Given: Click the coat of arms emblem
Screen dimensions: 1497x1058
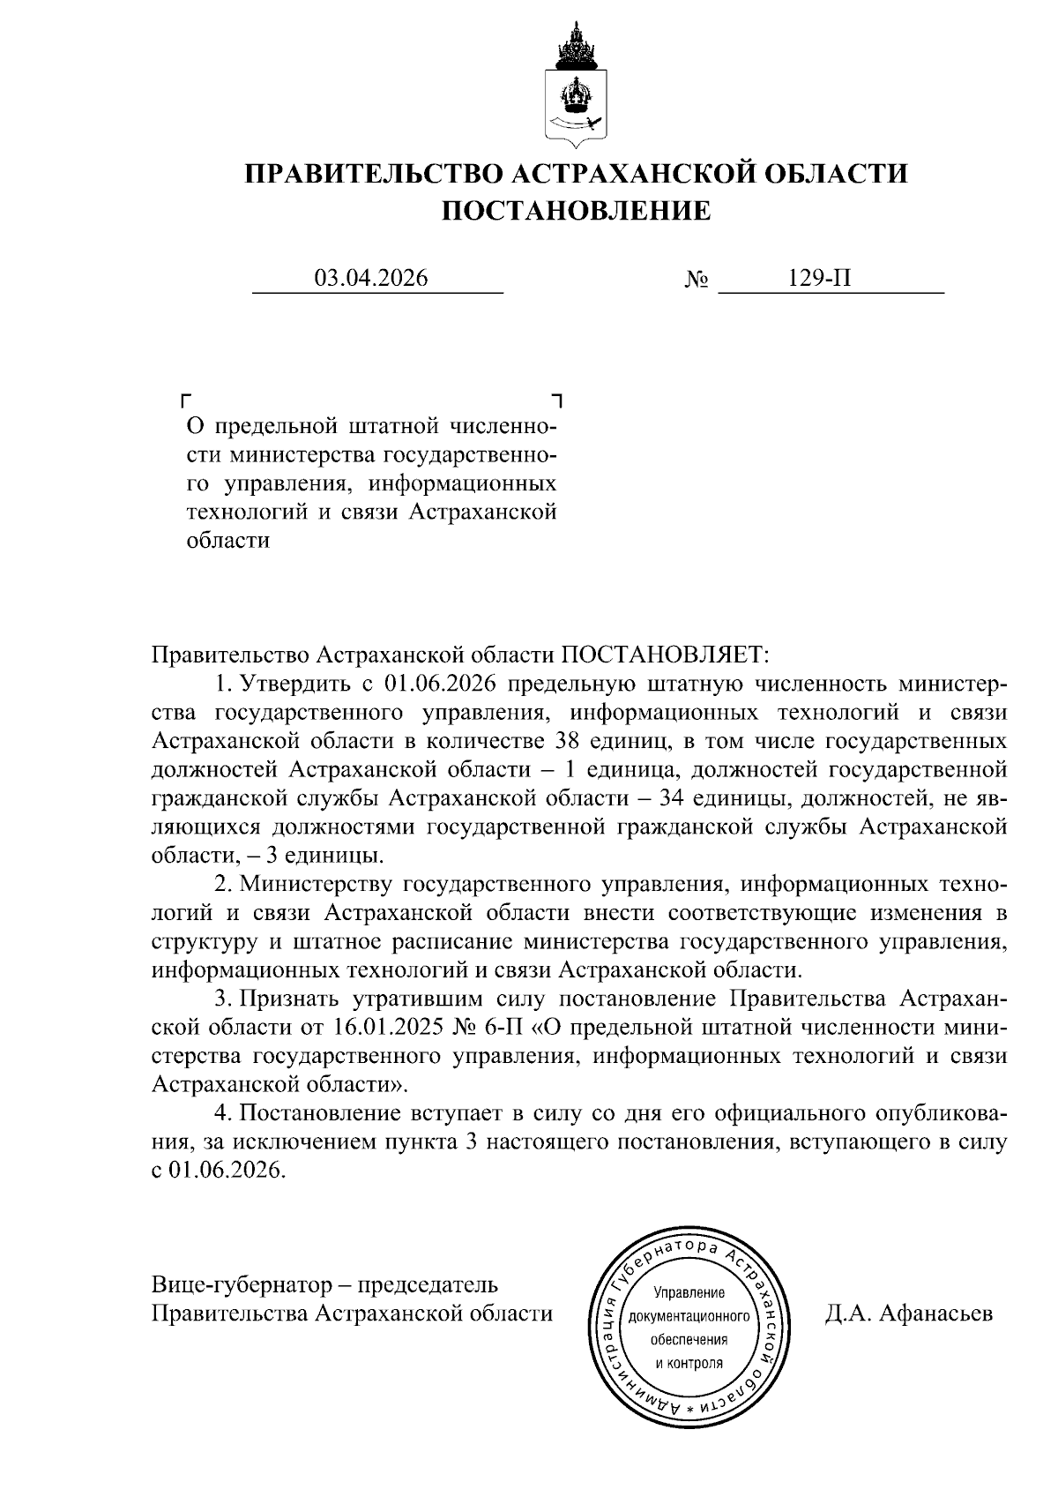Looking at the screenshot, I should tap(575, 88).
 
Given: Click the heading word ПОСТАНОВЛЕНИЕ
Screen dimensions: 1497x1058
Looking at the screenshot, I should tap(575, 211).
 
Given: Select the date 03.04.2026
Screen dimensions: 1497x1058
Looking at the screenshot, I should tap(371, 279).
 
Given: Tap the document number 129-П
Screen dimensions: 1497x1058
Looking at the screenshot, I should tap(820, 279).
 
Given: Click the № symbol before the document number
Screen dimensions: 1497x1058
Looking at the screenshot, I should tap(697, 281).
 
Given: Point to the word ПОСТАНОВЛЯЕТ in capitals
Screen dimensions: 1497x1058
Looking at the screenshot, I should tap(666, 655).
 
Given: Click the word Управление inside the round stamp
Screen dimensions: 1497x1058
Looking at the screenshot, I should tap(689, 1294).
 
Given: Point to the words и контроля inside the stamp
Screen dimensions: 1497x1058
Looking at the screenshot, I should tap(689, 1363).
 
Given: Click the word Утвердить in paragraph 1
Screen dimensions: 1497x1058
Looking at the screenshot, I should tap(295, 684).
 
